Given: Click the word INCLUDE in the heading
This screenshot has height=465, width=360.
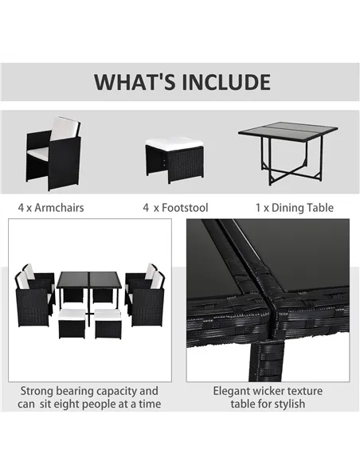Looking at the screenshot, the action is coord(226,82).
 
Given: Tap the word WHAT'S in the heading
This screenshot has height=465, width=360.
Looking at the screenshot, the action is coord(135,82).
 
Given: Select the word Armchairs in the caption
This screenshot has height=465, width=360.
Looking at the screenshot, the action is coord(59,208).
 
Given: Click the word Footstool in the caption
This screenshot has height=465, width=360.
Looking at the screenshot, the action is coord(185,208).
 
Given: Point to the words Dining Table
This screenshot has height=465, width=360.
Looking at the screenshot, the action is coord(303,208).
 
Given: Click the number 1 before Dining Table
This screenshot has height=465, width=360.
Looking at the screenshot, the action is coord(258,208).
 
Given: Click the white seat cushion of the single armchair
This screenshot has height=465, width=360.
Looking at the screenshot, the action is coord(38,152).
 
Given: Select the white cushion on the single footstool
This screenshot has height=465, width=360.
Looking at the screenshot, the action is coord(174,143).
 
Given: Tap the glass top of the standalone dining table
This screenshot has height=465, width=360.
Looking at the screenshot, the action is coord(288,129).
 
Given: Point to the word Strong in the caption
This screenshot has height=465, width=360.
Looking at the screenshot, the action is coord(37,391).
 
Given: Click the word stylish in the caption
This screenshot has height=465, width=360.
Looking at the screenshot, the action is coord(288,404).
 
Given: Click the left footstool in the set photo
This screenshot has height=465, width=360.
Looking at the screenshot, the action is coord(72,323).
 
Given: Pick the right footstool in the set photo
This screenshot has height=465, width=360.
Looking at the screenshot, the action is coord(108,323).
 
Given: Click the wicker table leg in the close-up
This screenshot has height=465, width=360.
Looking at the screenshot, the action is coord(266,361).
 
